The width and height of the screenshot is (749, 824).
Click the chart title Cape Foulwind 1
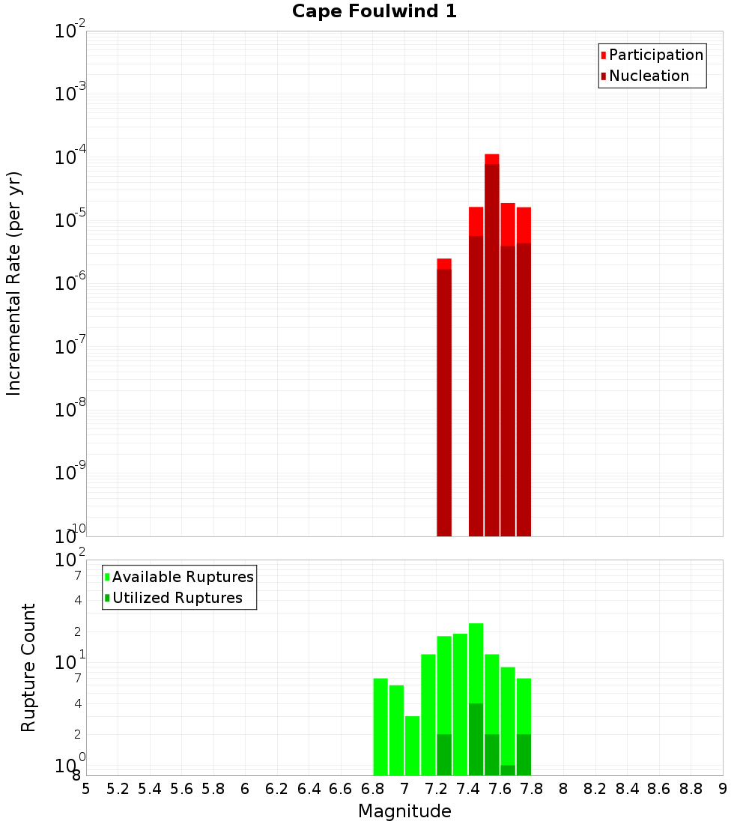374,11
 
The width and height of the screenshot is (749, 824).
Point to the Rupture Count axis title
28,667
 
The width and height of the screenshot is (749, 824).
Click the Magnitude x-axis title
404,811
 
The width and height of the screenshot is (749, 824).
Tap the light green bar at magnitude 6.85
380,727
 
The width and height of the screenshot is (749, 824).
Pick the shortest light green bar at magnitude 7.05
412,745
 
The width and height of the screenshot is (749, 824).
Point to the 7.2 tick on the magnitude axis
436,789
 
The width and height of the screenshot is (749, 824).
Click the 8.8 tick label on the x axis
691,789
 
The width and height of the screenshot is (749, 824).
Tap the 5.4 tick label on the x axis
150,789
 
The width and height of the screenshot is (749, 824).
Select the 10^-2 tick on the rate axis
70,31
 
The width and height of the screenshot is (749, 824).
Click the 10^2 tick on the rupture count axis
70,560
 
